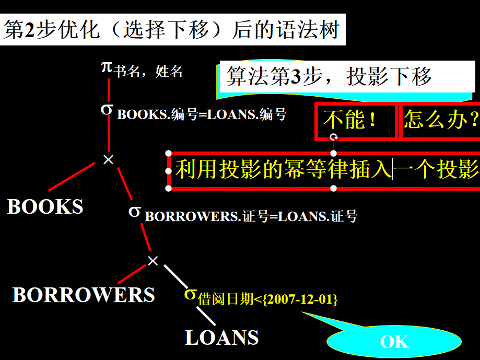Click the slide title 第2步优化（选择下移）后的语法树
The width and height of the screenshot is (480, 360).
point(172,29)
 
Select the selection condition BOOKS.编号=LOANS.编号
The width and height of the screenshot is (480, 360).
point(202,114)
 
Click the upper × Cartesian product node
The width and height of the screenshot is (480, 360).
point(108,159)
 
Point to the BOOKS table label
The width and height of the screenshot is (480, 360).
point(45,207)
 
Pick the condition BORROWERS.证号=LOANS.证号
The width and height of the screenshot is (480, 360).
point(251,216)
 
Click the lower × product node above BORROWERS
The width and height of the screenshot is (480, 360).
point(153,260)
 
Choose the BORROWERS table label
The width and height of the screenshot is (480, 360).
point(84,295)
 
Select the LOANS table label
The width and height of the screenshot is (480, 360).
point(222,338)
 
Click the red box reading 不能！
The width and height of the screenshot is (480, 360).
point(355,121)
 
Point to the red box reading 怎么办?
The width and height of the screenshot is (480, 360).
point(440,121)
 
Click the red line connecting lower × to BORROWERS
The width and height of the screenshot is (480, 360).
point(132,274)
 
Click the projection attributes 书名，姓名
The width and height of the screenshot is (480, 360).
point(148,71)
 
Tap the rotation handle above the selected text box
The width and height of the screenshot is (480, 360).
point(334,137)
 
